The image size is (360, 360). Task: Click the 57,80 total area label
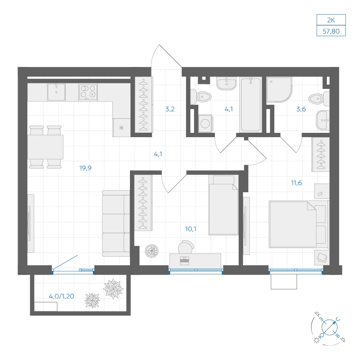click(x=331, y=31)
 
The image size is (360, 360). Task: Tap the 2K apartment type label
click(x=331, y=20)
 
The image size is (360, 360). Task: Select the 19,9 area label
click(x=85, y=168)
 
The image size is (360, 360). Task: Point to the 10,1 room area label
click(x=190, y=229)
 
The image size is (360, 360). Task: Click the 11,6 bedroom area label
click(x=296, y=183)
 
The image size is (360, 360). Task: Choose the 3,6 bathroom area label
click(x=301, y=109)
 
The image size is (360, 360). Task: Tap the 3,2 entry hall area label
click(x=170, y=109)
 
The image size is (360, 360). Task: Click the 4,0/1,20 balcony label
click(x=62, y=296)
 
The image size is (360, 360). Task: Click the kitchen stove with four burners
click(x=88, y=92)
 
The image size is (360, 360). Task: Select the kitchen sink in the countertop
click(x=56, y=92)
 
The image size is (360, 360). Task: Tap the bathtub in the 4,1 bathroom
click(x=251, y=105)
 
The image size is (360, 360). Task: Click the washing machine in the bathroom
click(x=205, y=123)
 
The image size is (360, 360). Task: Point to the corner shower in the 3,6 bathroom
click(x=279, y=90)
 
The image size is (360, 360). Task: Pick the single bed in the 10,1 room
click(x=224, y=206)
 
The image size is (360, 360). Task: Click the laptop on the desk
click(x=185, y=261)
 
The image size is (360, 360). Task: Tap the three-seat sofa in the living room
click(x=116, y=223)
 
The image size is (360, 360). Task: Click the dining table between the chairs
click(x=45, y=147)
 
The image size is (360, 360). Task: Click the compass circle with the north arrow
click(x=329, y=327)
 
